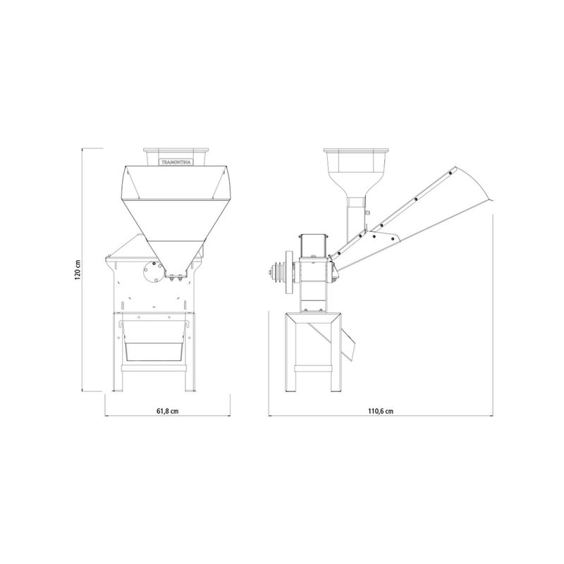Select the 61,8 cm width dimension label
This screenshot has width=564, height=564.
pos(168,411)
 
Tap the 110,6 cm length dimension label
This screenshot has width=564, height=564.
pos(381,411)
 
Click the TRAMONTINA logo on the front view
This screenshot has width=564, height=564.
pos(177,162)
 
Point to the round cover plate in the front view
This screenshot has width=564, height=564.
pos(152,273)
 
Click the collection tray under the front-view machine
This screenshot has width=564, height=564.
pos(154,351)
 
